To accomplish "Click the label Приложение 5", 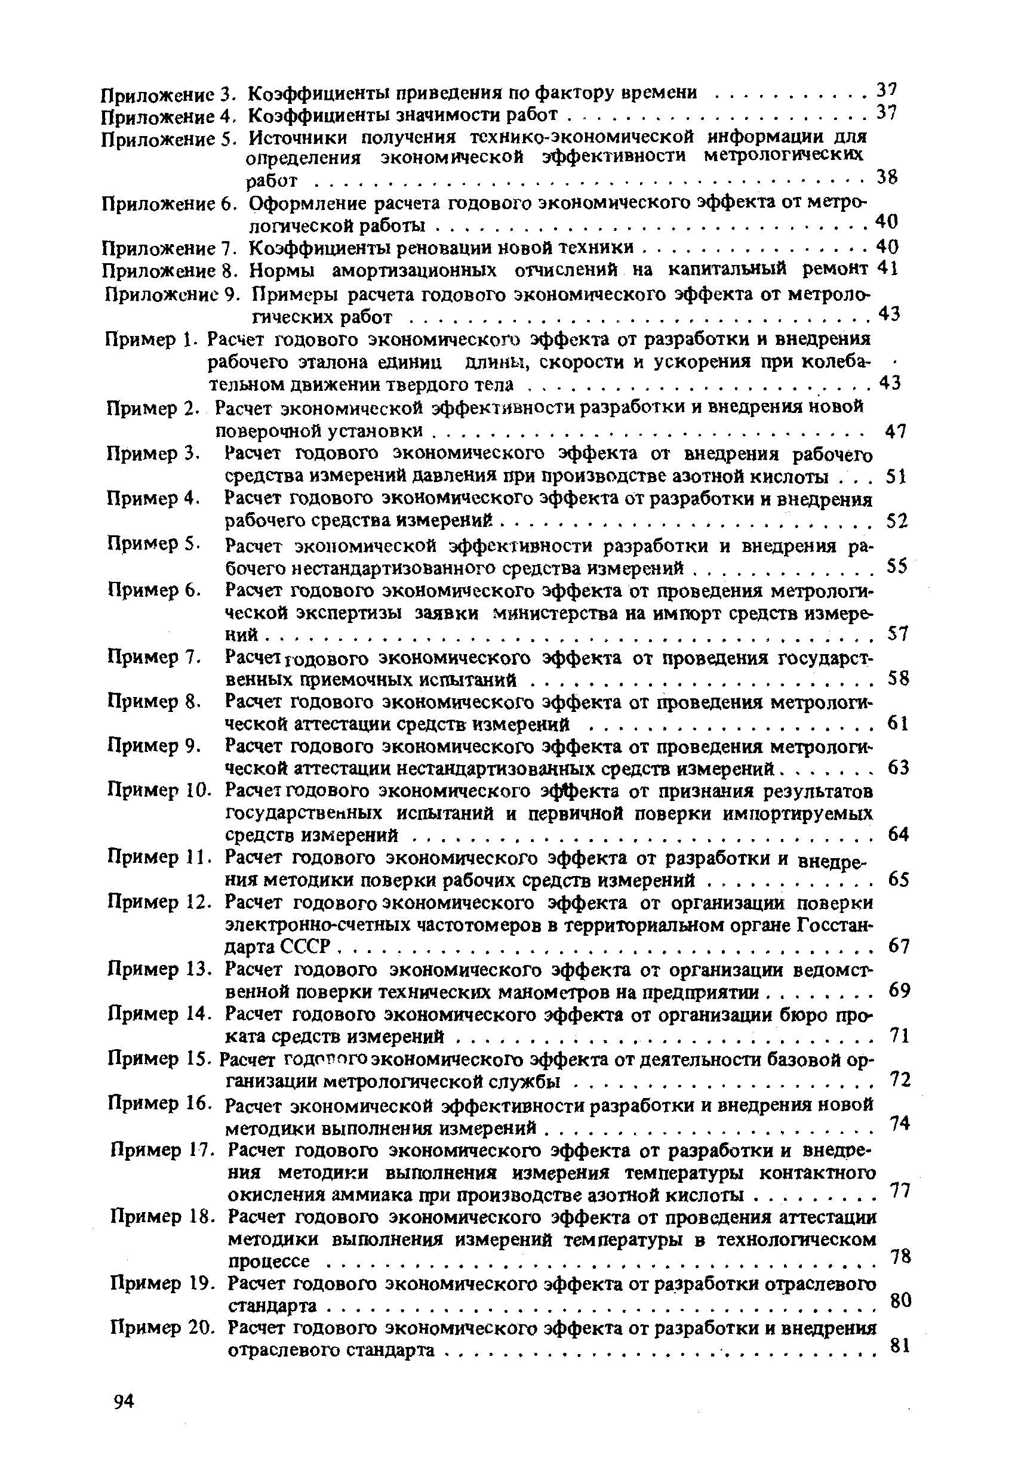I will point(170,139).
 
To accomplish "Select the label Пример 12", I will point(159,902).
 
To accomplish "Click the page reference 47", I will point(895,432).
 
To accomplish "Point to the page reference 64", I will point(898,834).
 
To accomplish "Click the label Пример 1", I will point(149,340).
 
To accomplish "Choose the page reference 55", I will point(897,566).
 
